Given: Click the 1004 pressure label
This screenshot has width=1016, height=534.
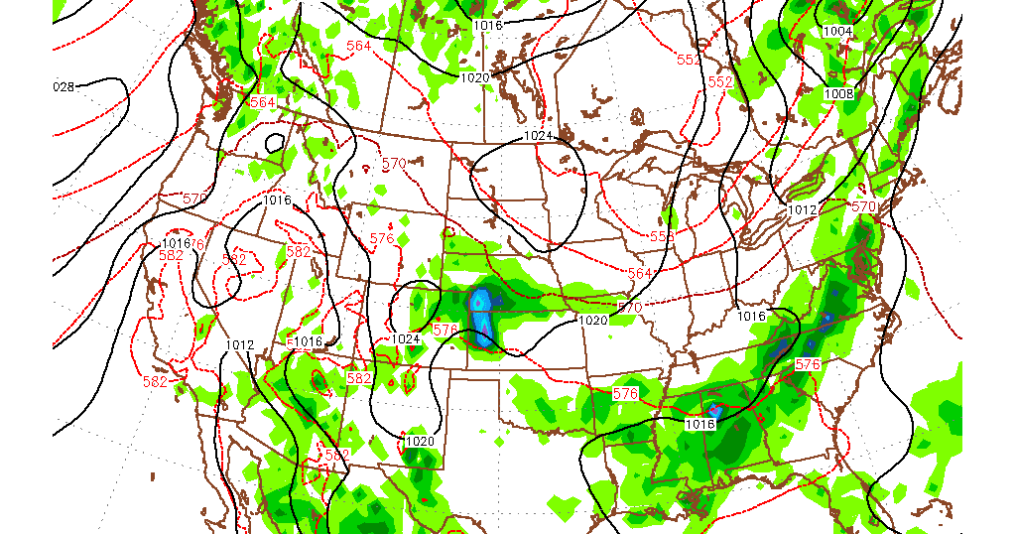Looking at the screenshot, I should (837, 31).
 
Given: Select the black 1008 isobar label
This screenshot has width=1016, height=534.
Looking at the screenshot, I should (838, 93).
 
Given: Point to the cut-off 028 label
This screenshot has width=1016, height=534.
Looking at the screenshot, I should (63, 86).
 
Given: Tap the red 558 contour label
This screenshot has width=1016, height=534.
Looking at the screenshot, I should (663, 237).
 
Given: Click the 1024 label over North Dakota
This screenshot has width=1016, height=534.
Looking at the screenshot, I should (538, 135).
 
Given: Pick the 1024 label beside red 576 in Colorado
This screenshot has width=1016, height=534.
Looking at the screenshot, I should (406, 338).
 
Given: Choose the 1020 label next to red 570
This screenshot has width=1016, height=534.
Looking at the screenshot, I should (592, 321).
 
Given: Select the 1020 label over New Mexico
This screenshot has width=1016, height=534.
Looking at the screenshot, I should (420, 441).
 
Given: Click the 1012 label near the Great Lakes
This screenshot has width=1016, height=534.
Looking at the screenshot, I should (802, 210).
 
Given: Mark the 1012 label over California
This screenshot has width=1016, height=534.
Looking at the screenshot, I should (239, 345).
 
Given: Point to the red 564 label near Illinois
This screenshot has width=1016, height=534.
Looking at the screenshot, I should (640, 273).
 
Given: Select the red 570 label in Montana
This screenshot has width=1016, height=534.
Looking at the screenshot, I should (394, 163).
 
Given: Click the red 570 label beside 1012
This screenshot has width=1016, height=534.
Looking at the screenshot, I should (864, 206).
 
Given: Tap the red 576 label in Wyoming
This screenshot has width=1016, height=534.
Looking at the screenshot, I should (382, 238).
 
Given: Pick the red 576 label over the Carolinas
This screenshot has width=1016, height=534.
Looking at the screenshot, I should (808, 364).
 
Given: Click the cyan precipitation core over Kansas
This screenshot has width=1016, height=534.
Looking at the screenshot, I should (480, 301).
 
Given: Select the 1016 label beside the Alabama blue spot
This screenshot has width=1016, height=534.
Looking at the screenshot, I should (700, 424).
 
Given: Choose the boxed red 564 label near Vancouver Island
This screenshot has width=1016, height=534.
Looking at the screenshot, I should (263, 103).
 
